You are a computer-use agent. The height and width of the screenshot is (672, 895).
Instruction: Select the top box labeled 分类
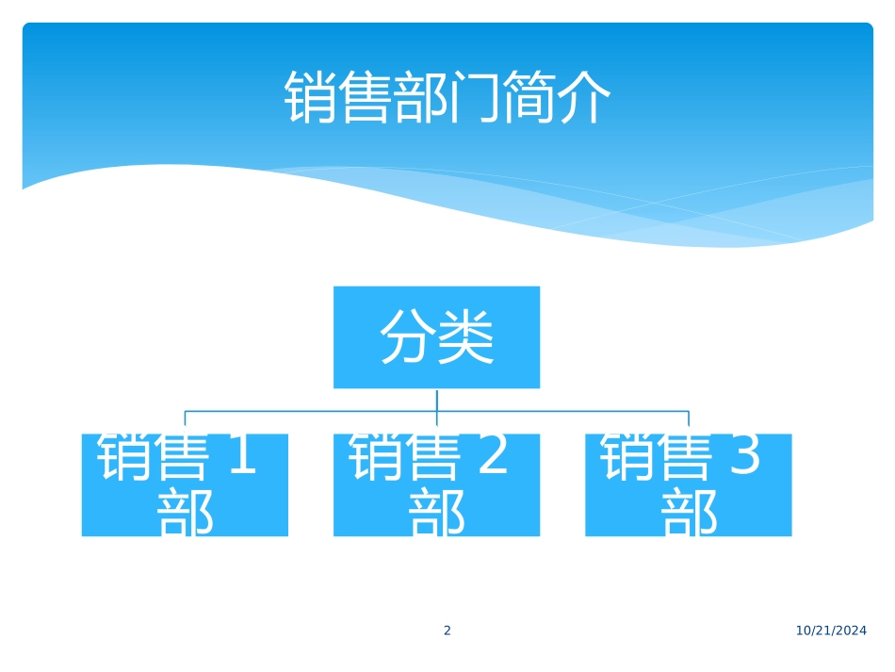coord(436,336)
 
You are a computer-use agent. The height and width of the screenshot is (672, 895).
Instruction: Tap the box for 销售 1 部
coord(185,484)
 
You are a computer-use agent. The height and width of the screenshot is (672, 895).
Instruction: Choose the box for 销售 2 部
coord(436,484)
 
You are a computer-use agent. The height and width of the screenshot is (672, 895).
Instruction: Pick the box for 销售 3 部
coord(688,484)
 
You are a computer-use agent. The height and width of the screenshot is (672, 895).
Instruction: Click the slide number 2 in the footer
coord(447,631)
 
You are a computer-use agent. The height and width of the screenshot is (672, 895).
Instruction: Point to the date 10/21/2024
coord(831,631)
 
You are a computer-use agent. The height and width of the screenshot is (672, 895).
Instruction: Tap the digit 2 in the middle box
coord(492,456)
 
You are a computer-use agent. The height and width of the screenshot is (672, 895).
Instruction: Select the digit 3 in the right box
coord(744,456)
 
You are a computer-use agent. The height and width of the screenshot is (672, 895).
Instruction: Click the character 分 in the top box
coord(407,336)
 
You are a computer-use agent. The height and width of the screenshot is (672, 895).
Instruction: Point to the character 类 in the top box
coord(465,336)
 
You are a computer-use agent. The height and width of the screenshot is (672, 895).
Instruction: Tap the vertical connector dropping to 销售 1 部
coord(185,420)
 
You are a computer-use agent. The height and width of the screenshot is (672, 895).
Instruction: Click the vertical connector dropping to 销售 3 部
coord(689,420)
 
